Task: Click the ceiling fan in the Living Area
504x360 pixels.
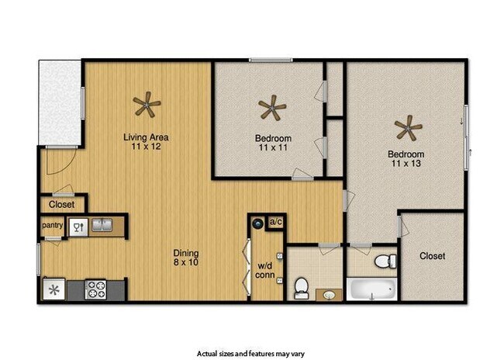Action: coord(146,103)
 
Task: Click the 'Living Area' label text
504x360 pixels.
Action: coord(146,138)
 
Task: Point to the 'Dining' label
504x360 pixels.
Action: coord(187,253)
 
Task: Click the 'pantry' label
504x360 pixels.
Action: coord(52,226)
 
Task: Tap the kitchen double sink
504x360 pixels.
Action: coord(102,226)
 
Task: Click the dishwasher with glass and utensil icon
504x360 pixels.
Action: coord(77,227)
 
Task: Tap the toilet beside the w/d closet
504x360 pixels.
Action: coord(301,287)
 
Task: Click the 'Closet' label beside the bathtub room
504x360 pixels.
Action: coord(433,256)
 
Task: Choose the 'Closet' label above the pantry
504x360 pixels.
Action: coord(61,205)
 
